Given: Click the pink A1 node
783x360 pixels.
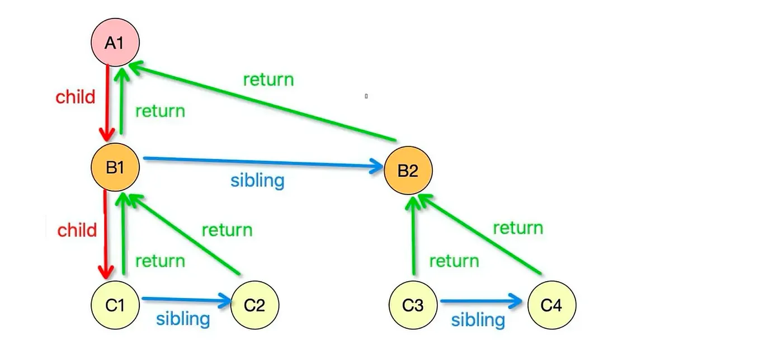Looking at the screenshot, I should [x=115, y=42].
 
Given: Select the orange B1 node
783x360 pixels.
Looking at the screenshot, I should [x=115, y=167].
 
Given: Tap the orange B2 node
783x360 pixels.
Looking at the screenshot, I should [x=408, y=170].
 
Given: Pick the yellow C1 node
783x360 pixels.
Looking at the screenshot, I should [x=115, y=305].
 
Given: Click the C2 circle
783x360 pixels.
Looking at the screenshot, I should [x=254, y=305].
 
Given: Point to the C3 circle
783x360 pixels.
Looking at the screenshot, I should [x=413, y=305].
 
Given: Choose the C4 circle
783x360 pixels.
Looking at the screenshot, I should [x=551, y=305].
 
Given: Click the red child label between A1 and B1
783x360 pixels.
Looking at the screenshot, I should [x=76, y=97].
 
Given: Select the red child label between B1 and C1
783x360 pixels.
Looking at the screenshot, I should [x=77, y=230].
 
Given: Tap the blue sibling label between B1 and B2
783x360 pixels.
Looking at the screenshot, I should [x=257, y=181].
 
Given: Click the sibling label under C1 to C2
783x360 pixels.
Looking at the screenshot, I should [x=183, y=319].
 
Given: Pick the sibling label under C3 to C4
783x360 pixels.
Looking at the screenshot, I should [x=478, y=320].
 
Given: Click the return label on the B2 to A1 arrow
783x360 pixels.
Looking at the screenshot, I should [x=268, y=79].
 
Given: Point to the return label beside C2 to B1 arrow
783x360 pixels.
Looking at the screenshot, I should [x=227, y=230].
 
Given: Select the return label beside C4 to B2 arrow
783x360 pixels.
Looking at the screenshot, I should [x=518, y=228].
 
